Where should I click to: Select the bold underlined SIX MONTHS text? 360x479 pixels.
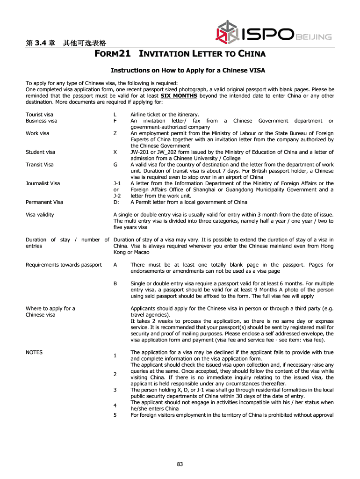coord(179,96)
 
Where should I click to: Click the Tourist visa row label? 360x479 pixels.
coord(39,114)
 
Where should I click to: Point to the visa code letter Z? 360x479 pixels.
coord(115,133)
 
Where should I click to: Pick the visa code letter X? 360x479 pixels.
coord(115,152)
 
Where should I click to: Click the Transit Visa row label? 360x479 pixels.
coord(40,165)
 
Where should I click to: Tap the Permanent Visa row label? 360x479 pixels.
coord(44,202)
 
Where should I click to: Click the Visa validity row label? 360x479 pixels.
coord(40,215)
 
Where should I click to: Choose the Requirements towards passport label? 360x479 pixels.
coord(64,265)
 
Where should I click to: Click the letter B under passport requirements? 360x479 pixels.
coord(115,283)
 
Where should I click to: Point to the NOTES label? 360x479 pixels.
coord(34,352)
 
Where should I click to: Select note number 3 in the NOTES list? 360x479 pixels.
coord(115,390)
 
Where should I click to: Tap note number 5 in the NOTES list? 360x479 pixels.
coord(115,415)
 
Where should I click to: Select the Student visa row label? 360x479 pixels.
coord(40,152)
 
